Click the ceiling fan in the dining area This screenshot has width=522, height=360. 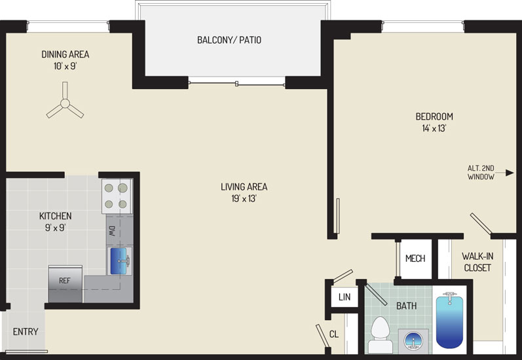pos(65,103)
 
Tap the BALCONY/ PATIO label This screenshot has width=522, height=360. pos(229,40)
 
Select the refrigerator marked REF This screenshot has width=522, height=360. pos(65,284)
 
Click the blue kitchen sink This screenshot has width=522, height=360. pos(119,261)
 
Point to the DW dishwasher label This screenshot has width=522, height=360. pos(111,231)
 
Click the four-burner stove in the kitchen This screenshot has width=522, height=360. pos(117,196)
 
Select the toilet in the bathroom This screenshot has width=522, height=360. pos(380,334)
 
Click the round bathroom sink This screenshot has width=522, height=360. pos(413,341)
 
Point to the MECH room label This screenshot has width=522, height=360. pos(415,258)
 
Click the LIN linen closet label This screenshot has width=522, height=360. pos(345,297)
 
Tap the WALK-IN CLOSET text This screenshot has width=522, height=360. pos(477,262)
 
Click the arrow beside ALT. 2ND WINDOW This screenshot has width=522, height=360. pos(504,173)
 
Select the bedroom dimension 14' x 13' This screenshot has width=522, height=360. pos(434,128)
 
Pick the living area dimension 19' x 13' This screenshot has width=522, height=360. pos(244,198)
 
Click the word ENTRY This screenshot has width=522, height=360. pos(26,331)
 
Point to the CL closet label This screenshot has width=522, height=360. pos(334,334)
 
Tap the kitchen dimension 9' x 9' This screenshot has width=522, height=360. pos(55,228)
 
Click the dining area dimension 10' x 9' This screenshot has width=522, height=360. pos(65,66)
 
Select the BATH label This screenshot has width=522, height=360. pos(406,306)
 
